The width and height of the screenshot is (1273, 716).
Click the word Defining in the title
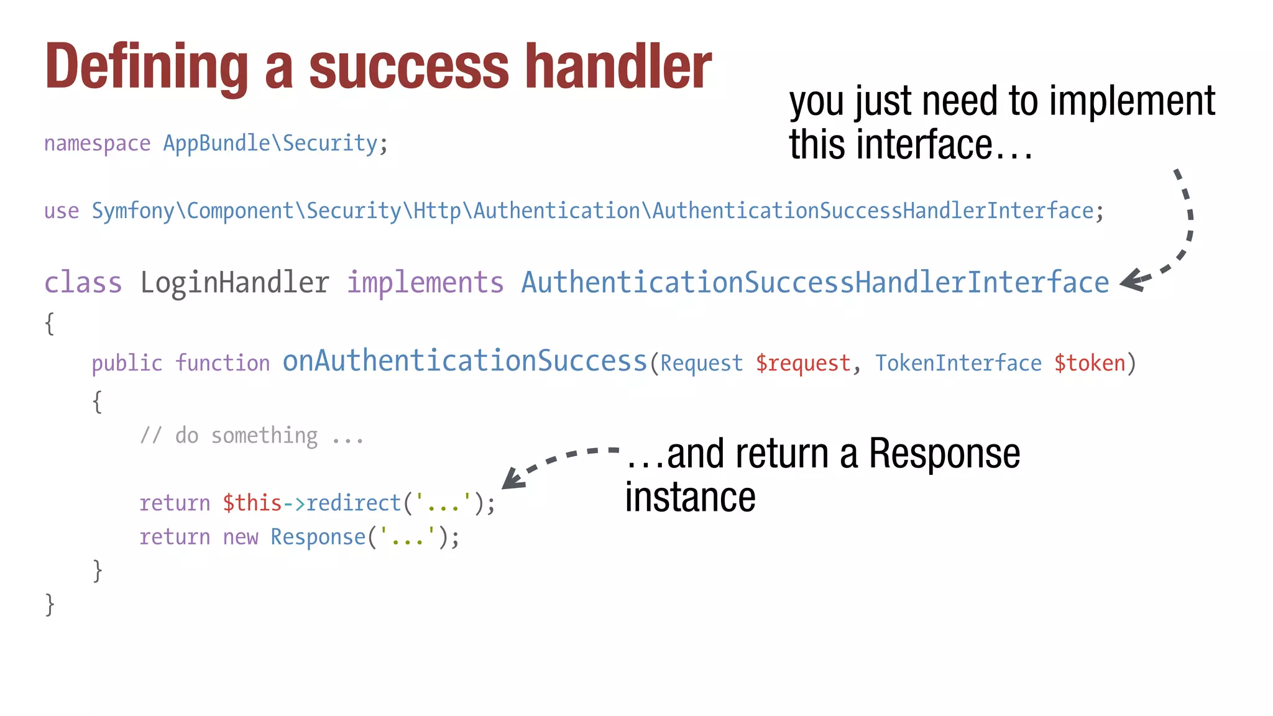click(147, 67)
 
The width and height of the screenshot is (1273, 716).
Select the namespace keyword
click(97, 144)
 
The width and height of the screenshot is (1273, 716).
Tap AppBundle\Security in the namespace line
click(270, 144)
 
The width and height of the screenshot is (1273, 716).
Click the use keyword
click(62, 211)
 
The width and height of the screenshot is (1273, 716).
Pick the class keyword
click(83, 283)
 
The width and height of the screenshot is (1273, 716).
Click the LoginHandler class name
click(234, 283)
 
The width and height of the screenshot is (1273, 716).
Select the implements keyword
click(425, 283)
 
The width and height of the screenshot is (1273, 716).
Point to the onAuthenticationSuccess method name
click(464, 361)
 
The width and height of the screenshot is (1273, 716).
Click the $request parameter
click(802, 363)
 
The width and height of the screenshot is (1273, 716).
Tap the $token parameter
click(1090, 363)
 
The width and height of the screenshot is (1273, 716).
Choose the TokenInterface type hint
click(958, 363)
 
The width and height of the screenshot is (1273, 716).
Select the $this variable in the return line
click(252, 503)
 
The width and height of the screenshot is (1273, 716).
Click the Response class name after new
click(318, 537)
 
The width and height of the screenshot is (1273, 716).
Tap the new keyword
click(240, 538)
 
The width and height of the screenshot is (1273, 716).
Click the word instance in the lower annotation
click(690, 498)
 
